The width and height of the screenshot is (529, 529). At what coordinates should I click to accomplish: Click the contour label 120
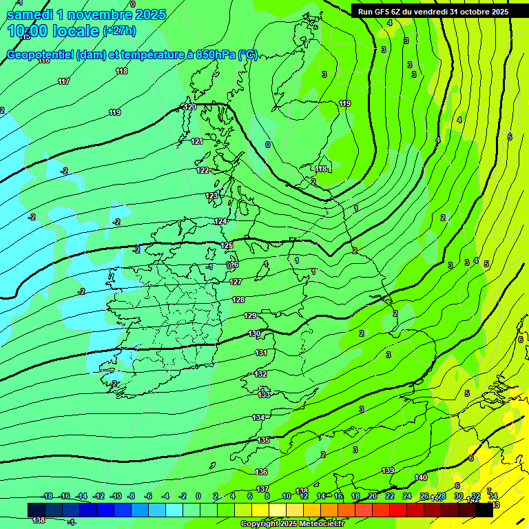pos(190,107)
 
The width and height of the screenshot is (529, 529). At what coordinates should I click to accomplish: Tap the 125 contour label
pos(227,245)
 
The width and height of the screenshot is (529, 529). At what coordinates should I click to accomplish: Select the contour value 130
pos(254,333)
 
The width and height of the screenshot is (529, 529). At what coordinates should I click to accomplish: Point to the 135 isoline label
pos(263,440)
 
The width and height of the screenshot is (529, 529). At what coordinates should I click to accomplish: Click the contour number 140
pos(421,477)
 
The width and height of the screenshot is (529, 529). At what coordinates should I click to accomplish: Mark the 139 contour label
pos(388,470)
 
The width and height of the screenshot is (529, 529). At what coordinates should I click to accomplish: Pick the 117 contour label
pos(64,82)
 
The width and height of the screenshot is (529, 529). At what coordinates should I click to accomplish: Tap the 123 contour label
pos(211,196)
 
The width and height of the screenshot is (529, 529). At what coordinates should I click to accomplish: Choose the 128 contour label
pos(238,300)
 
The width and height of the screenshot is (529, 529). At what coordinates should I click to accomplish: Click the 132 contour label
pos(260,374)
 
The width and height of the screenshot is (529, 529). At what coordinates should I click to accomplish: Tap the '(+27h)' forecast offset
pos(119,31)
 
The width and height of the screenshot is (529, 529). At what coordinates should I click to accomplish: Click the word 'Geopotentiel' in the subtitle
pos(40,55)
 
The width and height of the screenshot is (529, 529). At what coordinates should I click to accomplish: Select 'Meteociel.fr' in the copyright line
pos(320,524)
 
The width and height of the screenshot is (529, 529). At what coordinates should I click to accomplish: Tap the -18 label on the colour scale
pos(47,496)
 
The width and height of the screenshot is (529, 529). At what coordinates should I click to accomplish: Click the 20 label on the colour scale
pos(372,496)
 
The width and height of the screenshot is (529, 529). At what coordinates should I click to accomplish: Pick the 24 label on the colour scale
pos(406,496)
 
